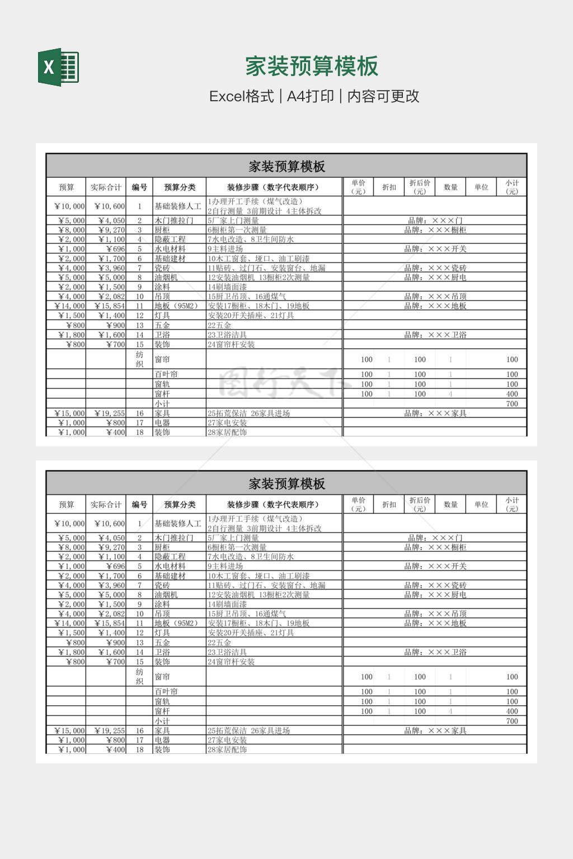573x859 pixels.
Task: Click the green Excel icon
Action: click(58, 67)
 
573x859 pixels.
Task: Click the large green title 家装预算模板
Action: click(312, 67)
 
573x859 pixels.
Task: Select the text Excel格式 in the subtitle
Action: click(241, 96)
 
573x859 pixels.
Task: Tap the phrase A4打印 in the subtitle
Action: click(310, 96)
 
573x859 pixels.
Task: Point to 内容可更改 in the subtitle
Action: click(383, 96)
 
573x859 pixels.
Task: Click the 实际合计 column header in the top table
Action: click(106, 187)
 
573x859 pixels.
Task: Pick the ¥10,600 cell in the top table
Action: click(110, 206)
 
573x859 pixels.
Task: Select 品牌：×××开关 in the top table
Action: click(435, 249)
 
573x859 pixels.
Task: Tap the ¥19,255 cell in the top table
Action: click(110, 413)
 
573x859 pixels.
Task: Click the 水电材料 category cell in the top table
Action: click(170, 249)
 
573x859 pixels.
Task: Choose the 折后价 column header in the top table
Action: click(420, 187)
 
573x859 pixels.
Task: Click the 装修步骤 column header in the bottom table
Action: click(273, 504)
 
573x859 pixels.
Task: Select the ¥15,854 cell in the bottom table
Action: click(110, 623)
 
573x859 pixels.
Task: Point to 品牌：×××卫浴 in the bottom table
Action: click(435, 652)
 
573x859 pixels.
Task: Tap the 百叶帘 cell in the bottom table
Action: click(166, 692)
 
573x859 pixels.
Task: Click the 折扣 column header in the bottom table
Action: click(389, 504)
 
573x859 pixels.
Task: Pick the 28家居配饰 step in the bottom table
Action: click(227, 749)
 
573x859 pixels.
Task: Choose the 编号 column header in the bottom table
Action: click(139, 504)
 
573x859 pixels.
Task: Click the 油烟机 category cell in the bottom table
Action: click(166, 594)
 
